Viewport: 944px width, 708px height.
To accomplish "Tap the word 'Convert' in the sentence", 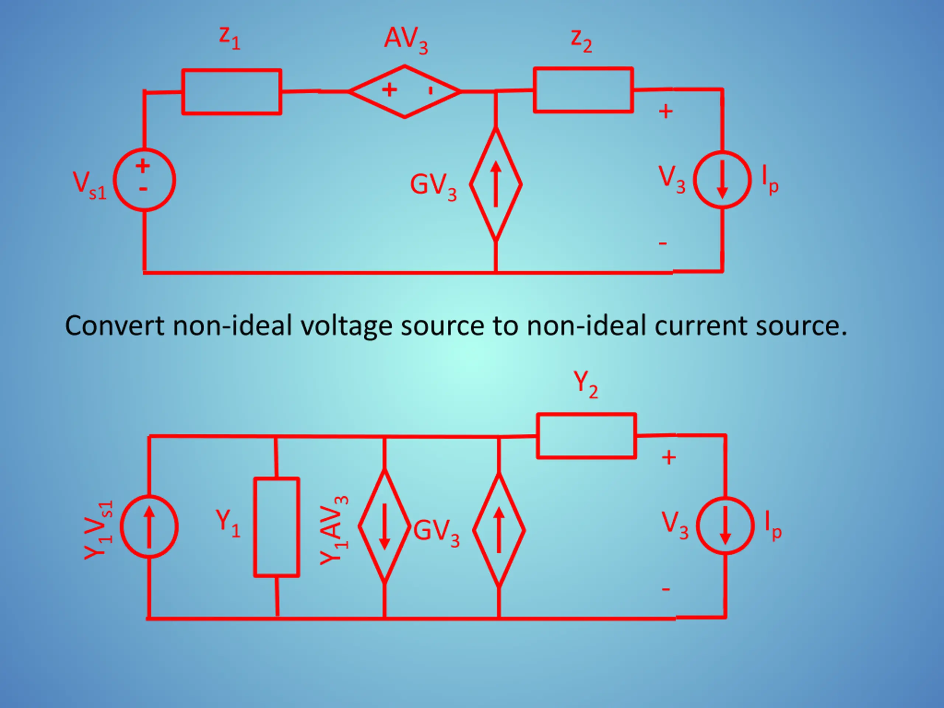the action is tap(114, 326).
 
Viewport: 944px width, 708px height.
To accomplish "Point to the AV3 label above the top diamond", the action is tap(406, 40).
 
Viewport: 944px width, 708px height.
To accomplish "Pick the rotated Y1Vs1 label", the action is tap(98, 530).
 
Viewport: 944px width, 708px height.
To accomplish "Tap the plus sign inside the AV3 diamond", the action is tap(389, 90).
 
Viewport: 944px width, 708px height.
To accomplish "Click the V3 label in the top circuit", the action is tap(672, 180).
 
